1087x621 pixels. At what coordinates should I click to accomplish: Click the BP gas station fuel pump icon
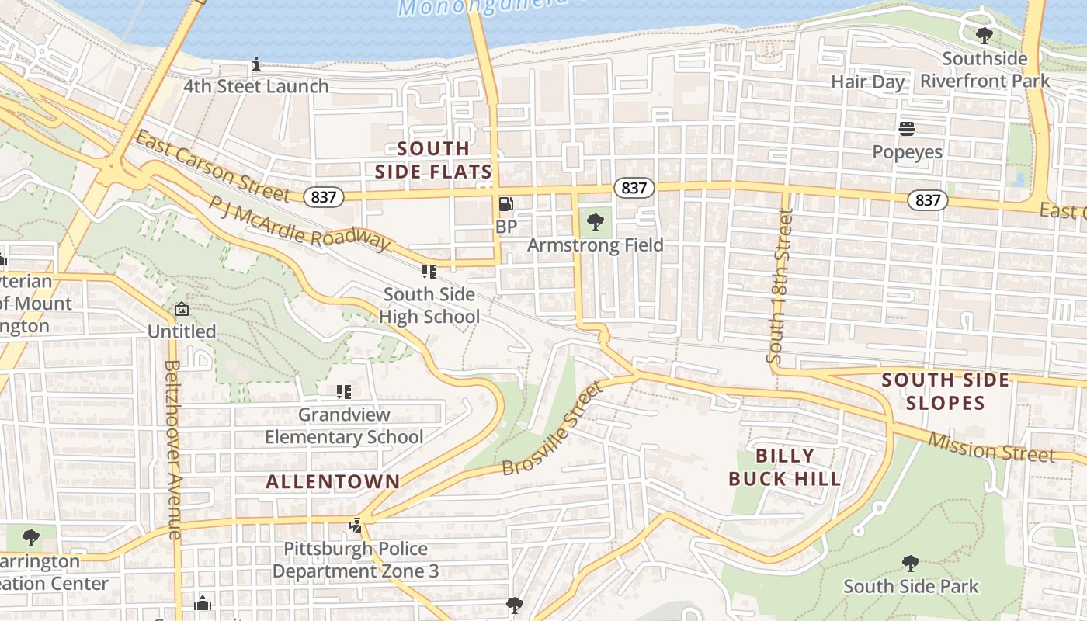[505, 204]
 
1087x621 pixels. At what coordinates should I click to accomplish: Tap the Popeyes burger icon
[907, 128]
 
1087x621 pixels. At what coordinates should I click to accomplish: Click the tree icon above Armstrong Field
[596, 222]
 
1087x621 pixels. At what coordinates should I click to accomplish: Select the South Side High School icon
[429, 271]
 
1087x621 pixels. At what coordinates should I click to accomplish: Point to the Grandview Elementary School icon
[344, 392]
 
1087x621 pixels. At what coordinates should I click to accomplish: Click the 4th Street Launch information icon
[256, 64]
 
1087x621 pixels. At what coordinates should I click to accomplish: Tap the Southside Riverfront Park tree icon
[984, 36]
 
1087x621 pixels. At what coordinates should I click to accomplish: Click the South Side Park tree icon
[911, 564]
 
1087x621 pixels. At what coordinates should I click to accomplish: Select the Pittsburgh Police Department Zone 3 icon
[356, 526]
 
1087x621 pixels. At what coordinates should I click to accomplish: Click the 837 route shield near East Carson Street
[323, 197]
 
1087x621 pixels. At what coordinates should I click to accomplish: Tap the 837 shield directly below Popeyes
[927, 200]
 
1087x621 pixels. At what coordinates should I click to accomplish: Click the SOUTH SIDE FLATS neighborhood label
[433, 160]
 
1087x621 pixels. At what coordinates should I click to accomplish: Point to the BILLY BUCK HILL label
[785, 467]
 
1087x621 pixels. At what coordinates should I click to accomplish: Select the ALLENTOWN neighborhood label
[333, 481]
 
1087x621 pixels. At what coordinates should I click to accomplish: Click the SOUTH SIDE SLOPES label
[946, 391]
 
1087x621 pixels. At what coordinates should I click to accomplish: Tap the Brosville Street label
[553, 428]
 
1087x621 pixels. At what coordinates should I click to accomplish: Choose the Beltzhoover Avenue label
[173, 450]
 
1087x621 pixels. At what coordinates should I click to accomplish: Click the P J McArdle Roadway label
[299, 224]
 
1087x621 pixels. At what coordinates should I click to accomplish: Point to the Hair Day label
[867, 82]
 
